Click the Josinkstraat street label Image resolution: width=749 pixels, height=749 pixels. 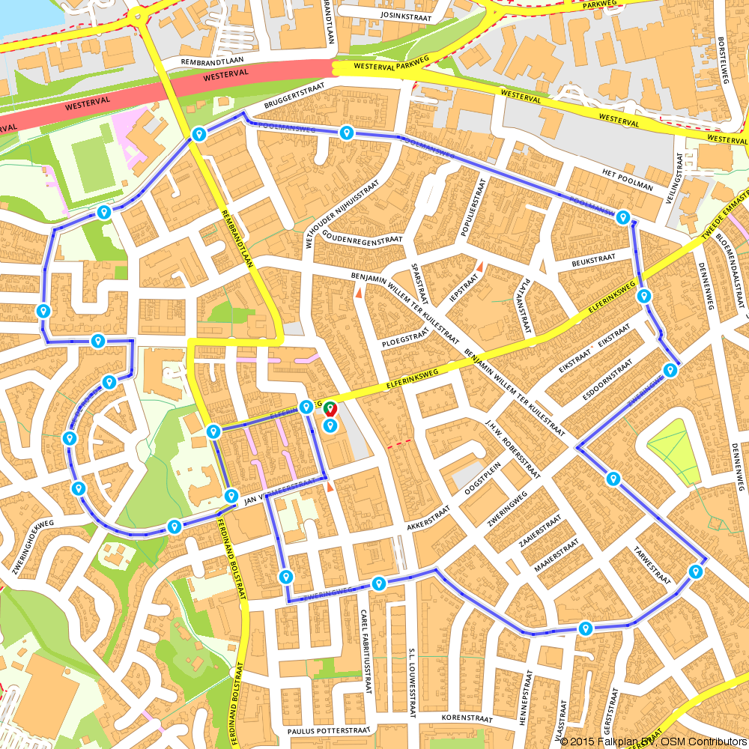click(407, 14)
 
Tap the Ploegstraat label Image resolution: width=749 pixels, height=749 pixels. click(404, 339)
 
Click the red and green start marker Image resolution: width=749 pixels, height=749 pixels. click(330, 409)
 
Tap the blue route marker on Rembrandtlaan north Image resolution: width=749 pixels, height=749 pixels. click(198, 134)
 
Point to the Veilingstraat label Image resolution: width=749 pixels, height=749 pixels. click(680, 179)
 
